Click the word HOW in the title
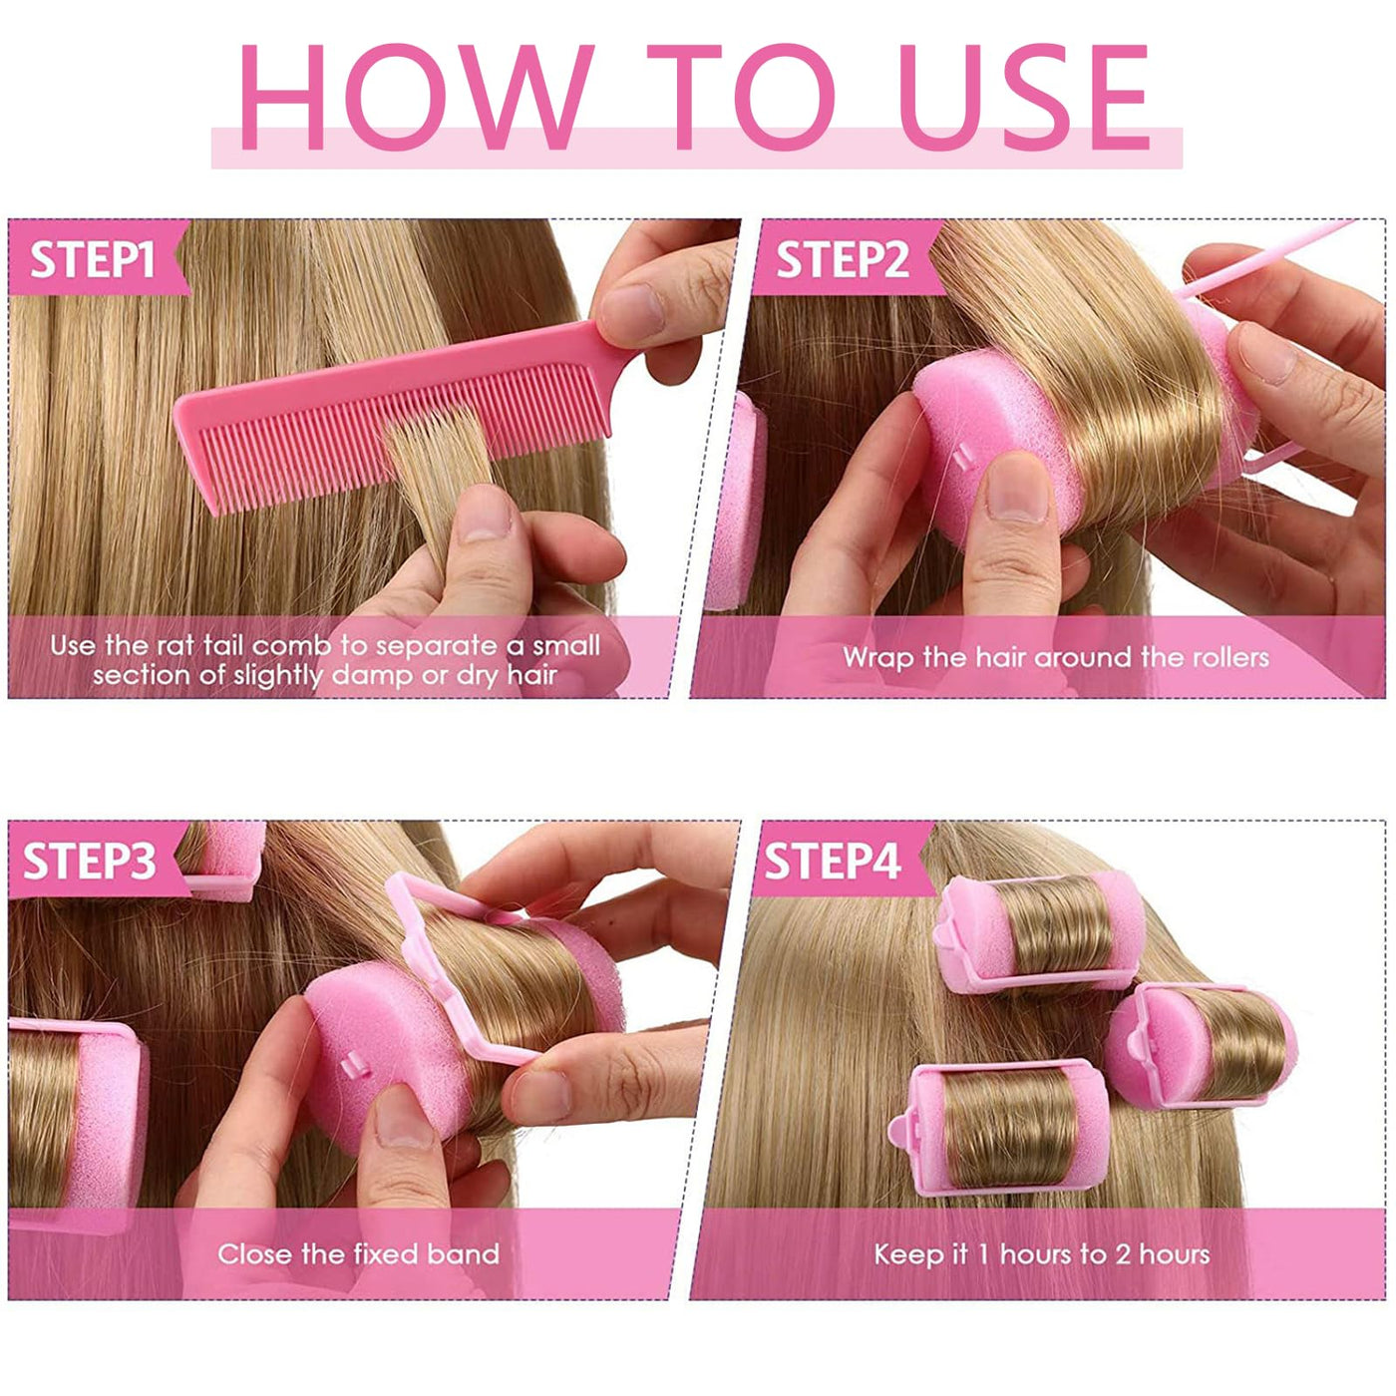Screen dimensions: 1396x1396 (415, 97)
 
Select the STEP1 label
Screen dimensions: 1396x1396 (93, 259)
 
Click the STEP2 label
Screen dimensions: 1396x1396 (842, 259)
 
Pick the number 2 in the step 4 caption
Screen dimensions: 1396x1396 (1122, 1254)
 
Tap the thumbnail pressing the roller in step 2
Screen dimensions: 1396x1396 (1018, 488)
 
